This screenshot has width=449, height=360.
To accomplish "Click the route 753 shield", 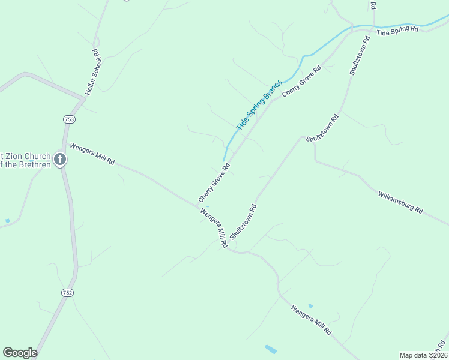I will click(x=69, y=119).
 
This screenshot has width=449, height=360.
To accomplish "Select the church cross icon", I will click(x=60, y=159).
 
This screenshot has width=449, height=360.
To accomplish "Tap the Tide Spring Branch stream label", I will click(x=259, y=106).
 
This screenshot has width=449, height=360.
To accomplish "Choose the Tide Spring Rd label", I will click(x=397, y=31).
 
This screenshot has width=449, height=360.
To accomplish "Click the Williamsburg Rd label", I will click(x=400, y=202).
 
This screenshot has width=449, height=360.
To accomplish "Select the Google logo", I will click(x=20, y=353).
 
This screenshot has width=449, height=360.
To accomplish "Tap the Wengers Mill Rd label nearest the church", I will click(x=92, y=155).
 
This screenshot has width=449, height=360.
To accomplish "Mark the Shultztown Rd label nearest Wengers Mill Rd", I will click(x=243, y=221).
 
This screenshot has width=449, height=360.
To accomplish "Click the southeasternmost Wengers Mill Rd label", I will click(x=310, y=320).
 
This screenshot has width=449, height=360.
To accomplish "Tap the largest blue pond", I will click(x=271, y=349).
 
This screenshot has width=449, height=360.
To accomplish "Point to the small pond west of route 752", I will click(x=7, y=221).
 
